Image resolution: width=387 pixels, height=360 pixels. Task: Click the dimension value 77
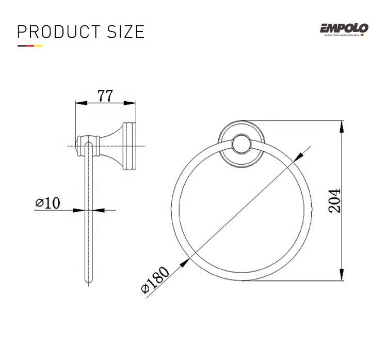pos(105,96)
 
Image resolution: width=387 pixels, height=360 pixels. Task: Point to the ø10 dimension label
pos(48,203)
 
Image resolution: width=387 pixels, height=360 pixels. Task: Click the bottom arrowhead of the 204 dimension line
pos(343,277)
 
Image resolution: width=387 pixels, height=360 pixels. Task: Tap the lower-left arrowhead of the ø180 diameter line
pos(182,264)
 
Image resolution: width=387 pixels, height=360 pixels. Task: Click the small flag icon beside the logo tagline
pos(363,35)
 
